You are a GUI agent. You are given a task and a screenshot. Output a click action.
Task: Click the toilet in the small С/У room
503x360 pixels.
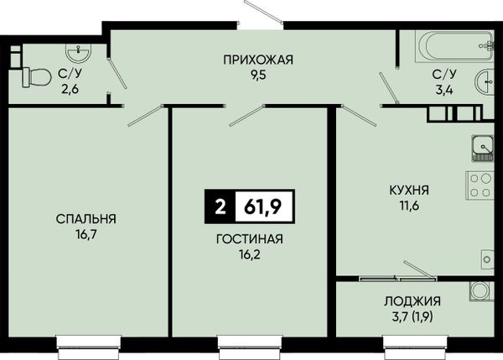(37, 77)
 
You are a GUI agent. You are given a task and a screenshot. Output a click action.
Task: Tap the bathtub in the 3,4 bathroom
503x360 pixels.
(454, 46)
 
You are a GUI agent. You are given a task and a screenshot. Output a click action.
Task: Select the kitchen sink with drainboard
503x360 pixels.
(482, 148)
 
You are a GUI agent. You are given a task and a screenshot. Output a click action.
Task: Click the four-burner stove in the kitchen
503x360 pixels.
(480, 185)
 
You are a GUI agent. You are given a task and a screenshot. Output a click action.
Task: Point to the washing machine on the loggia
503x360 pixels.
(480, 291)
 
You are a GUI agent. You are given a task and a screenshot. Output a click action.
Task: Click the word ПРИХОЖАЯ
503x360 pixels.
(258, 60)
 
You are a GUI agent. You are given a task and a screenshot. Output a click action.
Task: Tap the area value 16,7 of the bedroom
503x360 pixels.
(86, 235)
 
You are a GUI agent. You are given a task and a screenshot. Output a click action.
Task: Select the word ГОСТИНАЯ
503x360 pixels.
(250, 239)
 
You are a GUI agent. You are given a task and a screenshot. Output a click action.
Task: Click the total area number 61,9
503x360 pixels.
(262, 206)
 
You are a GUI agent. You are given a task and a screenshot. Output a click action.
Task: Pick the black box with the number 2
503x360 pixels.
(220, 206)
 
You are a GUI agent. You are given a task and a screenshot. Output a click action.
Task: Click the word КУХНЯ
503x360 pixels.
(409, 190)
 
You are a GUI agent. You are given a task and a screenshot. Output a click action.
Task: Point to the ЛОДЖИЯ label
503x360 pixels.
(412, 301)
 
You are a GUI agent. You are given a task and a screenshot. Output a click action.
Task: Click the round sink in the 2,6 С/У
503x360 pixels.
(78, 52)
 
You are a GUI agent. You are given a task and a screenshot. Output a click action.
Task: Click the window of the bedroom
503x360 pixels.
(89, 347)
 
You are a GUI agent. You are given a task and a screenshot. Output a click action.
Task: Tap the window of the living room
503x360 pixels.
(250, 347)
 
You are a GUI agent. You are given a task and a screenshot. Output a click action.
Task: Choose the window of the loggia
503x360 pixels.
(415, 347)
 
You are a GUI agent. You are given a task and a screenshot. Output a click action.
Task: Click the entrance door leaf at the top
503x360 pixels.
(263, 12)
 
